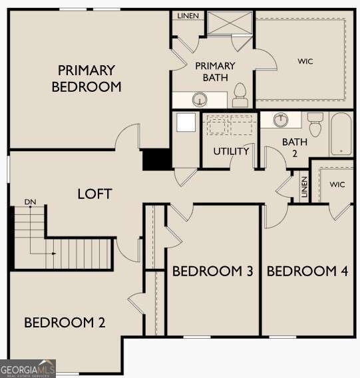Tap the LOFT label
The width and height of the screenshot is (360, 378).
click(x=94, y=194)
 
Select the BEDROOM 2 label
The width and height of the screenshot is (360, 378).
click(x=65, y=323)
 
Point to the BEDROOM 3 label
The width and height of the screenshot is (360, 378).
click(x=212, y=272)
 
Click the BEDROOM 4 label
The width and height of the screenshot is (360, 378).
click(x=307, y=272)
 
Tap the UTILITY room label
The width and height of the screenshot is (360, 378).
click(x=231, y=151)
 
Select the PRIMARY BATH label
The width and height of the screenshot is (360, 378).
click(x=214, y=71)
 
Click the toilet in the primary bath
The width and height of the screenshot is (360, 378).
click(x=241, y=96)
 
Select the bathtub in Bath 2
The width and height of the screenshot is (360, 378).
click(x=341, y=133)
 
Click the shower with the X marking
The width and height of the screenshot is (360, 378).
click(x=228, y=23)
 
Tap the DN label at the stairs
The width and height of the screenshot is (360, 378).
click(x=29, y=201)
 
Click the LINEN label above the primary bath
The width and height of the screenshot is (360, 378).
click(x=188, y=15)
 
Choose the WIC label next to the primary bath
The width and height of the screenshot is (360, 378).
click(x=305, y=61)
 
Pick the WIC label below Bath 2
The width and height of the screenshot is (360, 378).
click(x=337, y=184)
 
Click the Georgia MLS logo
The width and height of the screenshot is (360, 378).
click(x=28, y=368)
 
